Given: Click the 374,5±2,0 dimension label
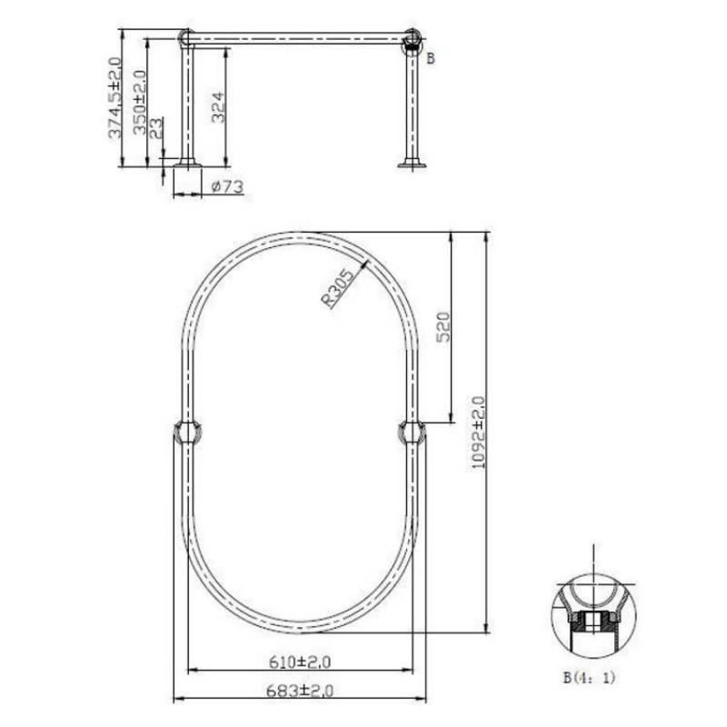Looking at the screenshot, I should tap(115, 98).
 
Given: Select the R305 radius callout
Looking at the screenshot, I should tap(339, 289).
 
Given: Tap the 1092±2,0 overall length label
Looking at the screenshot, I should tap(479, 433).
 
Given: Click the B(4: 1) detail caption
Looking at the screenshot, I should tap(590, 676).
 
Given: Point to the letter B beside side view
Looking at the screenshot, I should tap(431, 59).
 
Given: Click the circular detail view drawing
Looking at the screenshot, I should tap(593, 614).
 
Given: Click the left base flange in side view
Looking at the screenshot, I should tap(188, 164).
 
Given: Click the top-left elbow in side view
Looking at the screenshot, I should tap(186, 38).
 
